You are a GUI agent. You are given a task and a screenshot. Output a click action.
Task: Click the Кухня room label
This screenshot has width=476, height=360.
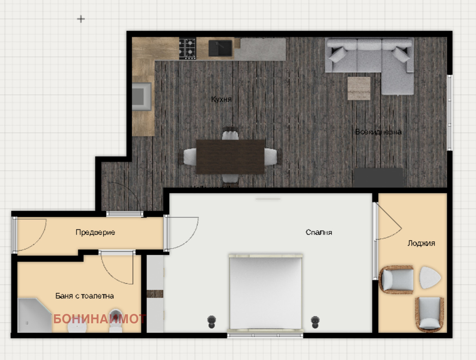click(221, 99)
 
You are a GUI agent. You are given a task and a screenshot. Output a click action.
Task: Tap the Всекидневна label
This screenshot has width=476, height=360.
click(378, 132)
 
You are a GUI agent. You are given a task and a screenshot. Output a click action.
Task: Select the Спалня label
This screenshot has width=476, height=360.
click(319, 232)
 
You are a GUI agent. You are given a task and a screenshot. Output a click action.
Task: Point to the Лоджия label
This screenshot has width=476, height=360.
click(421, 243)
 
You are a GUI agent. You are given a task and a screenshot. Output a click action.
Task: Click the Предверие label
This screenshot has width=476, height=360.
click(95, 232)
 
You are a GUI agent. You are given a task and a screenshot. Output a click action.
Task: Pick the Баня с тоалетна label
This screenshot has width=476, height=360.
click(85, 296)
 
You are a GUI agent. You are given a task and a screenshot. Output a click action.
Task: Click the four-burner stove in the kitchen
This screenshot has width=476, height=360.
click(188, 48)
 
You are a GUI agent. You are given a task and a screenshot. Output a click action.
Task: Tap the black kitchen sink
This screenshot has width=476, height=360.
click(220, 48)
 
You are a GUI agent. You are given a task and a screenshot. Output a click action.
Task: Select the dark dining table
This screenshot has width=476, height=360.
click(230, 156)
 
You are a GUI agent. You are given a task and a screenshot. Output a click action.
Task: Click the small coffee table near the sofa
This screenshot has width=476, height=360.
click(359, 88)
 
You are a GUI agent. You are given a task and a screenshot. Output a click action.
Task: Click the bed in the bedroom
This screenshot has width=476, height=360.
click(266, 292)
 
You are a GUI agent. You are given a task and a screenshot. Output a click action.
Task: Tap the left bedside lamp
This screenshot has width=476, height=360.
click(212, 321)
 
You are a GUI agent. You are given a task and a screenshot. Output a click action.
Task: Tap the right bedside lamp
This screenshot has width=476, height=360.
click(315, 321)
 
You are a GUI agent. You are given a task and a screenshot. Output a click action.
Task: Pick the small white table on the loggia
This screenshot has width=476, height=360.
click(430, 278)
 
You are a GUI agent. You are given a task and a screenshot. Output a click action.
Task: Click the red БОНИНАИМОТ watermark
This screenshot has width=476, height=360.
click(99, 319)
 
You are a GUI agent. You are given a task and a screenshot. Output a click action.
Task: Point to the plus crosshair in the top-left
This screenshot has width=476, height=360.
click(81, 19)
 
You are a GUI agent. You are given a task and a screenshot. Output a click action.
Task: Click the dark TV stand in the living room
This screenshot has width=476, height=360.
click(378, 178)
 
